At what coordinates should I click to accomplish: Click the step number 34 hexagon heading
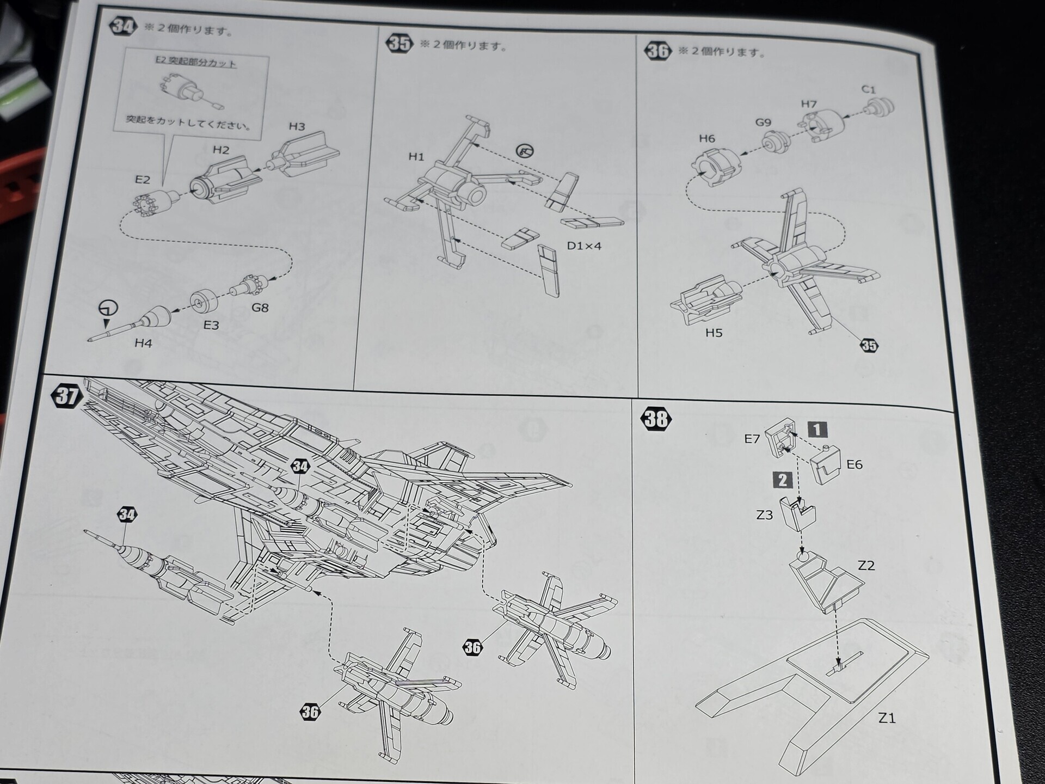pyautogui.click(x=124, y=26)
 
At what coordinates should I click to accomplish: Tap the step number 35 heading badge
pyautogui.click(x=399, y=43)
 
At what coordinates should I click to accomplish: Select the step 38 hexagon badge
pyautogui.click(x=657, y=419)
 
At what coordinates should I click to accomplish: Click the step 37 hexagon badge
pyautogui.click(x=67, y=396)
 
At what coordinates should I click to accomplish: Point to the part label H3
pyautogui.click(x=297, y=126)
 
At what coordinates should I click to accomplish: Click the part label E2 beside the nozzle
pyautogui.click(x=143, y=180)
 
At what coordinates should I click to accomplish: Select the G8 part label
pyautogui.click(x=260, y=308)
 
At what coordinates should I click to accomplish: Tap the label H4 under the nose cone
pyautogui.click(x=143, y=343)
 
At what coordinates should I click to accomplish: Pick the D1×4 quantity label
pyautogui.click(x=584, y=246)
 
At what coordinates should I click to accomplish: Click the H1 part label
pyautogui.click(x=416, y=157)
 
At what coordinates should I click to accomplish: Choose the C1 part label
pyautogui.click(x=869, y=89)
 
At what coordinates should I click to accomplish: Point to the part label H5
pyautogui.click(x=714, y=333)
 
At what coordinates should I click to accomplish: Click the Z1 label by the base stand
pyautogui.click(x=887, y=718)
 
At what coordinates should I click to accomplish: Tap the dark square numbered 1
pyautogui.click(x=817, y=430)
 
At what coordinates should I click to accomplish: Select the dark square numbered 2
pyautogui.click(x=783, y=480)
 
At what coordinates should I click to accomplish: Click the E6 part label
pyautogui.click(x=855, y=464)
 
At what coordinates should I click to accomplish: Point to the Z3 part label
pyautogui.click(x=765, y=514)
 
